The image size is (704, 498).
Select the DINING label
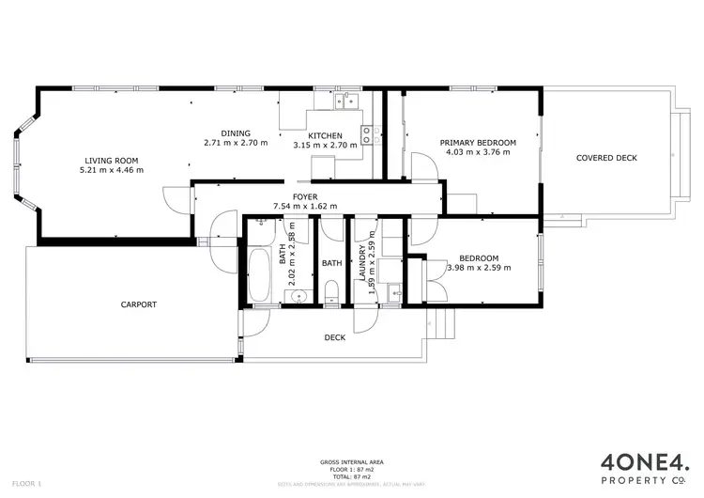point(236,132)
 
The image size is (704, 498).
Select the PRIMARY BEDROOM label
point(478,142)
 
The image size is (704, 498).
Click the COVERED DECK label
point(605,158)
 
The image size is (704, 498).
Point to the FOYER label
point(305,196)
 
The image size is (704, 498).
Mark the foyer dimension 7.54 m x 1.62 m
point(305,207)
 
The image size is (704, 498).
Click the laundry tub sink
point(394,291)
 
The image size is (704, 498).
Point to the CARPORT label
point(138,304)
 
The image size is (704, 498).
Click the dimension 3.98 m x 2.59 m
point(479,268)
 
